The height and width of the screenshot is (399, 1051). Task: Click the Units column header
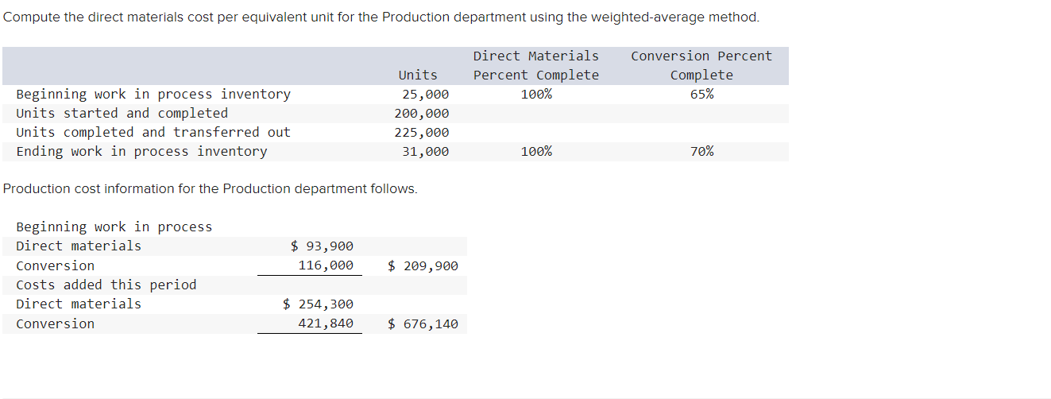417,75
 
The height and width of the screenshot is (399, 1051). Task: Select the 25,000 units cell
425,94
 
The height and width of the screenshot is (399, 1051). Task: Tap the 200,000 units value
421,114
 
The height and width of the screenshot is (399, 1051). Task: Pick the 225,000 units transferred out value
421,133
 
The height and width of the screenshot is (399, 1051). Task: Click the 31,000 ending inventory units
425,152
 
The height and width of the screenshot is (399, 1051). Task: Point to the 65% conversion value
701,94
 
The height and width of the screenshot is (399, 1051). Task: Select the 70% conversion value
701,151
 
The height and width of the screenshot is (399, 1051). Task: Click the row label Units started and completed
122,114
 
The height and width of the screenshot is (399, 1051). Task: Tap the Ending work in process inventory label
141,152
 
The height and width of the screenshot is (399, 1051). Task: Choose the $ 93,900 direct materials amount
322,246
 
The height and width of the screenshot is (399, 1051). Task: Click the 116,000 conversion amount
326,265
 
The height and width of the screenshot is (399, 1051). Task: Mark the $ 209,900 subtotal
423,265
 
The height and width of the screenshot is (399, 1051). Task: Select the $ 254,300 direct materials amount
318,304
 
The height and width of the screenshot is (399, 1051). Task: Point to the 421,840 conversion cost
326,323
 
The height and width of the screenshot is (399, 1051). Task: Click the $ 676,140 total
423,323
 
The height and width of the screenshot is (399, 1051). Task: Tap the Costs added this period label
106,285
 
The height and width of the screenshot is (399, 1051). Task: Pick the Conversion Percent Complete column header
701,65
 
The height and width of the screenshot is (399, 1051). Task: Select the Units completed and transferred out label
153,133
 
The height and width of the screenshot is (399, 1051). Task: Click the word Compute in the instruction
30,17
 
